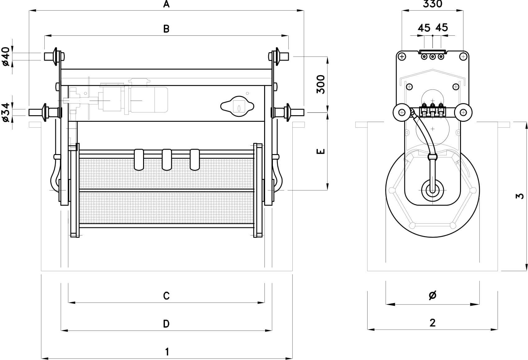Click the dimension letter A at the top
click(x=167, y=4)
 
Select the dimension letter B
click(x=167, y=29)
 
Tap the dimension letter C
click(x=166, y=296)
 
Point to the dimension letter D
click(x=166, y=324)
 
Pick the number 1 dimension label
click(x=167, y=352)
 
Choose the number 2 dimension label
click(x=432, y=323)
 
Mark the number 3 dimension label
click(x=521, y=196)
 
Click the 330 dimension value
click(x=432, y=4)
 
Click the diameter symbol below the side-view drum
click(x=432, y=295)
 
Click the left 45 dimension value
click(x=424, y=28)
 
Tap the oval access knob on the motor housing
click(x=237, y=106)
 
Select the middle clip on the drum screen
click(x=167, y=159)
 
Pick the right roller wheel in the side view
click(x=463, y=112)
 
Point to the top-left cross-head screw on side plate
click(x=402, y=57)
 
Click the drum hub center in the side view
click(x=432, y=189)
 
